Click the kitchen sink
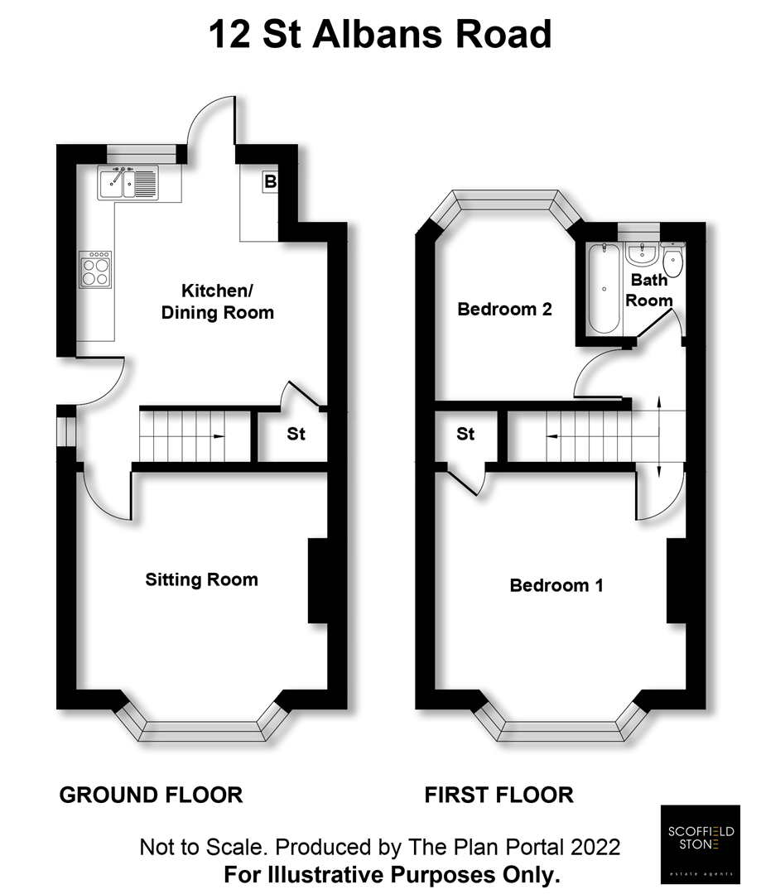coord(128,183)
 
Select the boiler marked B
coord(270,182)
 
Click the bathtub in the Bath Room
coord(605,287)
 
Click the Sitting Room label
coord(201,579)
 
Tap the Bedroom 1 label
coord(556,585)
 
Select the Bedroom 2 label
coord(504,310)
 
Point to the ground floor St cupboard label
coord(296,434)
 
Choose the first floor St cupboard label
coord(465,434)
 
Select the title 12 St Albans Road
coord(380,36)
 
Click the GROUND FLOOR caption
coord(151,795)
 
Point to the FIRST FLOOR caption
coord(499,795)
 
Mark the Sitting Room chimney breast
coord(318,580)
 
